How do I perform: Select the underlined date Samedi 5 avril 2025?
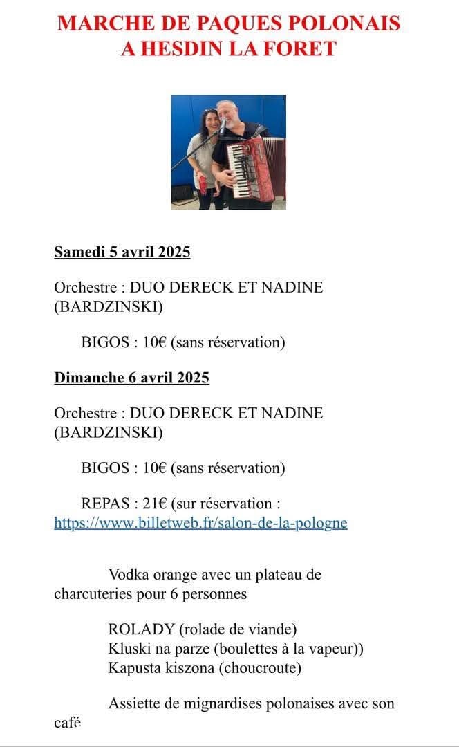[122, 252]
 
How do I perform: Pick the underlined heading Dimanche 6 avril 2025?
[131, 378]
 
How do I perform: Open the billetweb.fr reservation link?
[200, 523]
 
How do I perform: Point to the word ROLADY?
[141, 629]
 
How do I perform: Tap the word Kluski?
[128, 649]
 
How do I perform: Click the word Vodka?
[129, 574]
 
